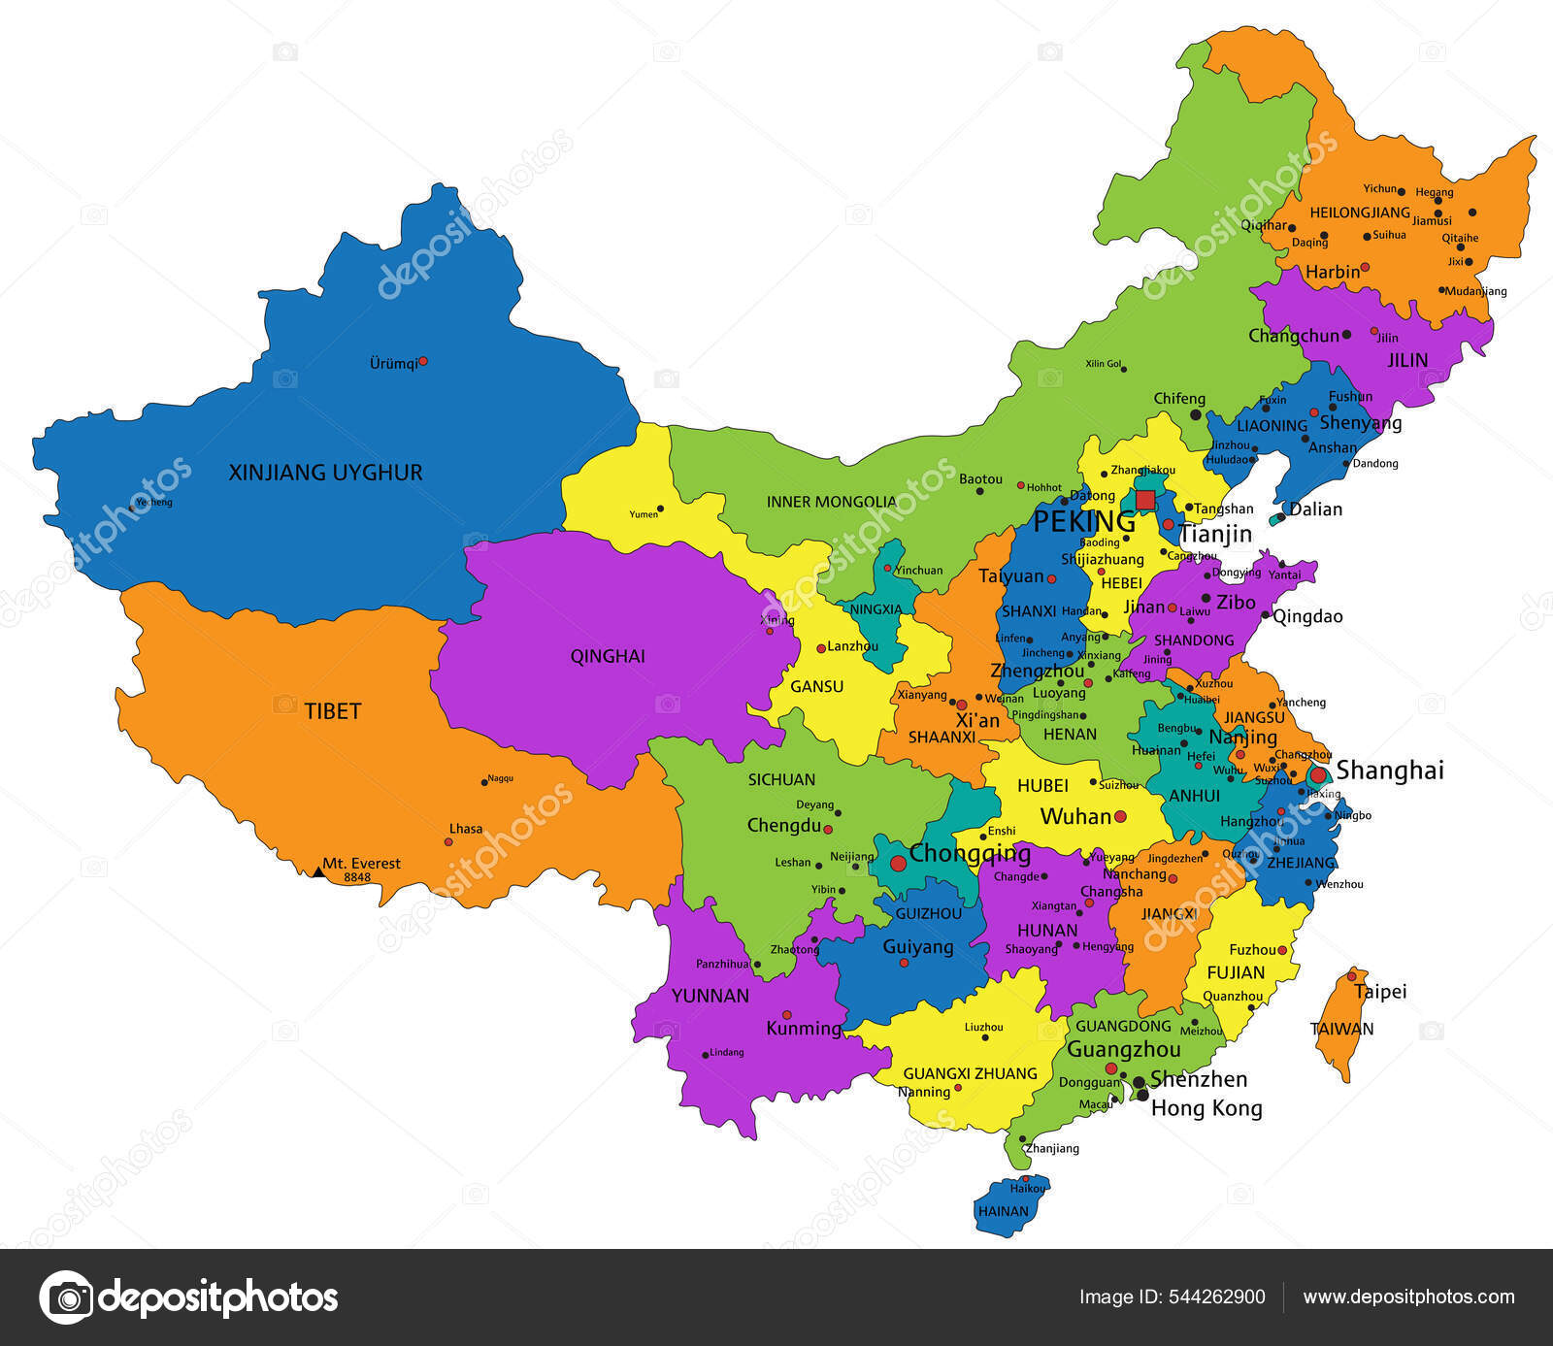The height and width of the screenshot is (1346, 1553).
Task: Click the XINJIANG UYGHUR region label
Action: click(x=325, y=473)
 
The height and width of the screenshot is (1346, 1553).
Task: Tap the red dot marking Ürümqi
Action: click(x=422, y=361)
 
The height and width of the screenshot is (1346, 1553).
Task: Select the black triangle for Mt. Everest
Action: click(x=317, y=871)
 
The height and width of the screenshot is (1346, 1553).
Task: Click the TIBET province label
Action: click(x=333, y=711)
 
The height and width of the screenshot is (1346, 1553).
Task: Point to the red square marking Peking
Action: click(x=1145, y=500)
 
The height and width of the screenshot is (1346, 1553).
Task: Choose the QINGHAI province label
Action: click(x=608, y=656)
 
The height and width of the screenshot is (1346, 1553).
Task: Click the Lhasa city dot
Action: click(x=448, y=841)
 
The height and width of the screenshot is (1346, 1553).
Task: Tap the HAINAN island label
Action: click(x=1003, y=1211)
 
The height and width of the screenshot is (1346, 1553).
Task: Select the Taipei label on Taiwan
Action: click(x=1380, y=992)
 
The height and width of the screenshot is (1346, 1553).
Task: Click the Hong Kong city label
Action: click(x=1206, y=1108)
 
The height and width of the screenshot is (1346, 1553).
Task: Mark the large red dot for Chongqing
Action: click(x=898, y=863)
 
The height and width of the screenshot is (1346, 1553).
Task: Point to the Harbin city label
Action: click(x=1332, y=272)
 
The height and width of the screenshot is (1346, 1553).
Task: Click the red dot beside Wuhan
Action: click(x=1120, y=817)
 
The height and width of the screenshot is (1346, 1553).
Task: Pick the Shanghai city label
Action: click(x=1390, y=770)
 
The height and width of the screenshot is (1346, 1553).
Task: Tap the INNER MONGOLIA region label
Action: click(x=832, y=502)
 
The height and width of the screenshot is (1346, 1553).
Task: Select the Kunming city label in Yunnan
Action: click(x=804, y=1028)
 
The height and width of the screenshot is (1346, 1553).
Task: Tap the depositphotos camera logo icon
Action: click(x=66, y=1297)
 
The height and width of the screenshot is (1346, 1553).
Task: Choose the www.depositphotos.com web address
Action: click(x=1408, y=1297)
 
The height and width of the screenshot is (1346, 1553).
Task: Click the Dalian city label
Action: click(x=1315, y=509)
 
